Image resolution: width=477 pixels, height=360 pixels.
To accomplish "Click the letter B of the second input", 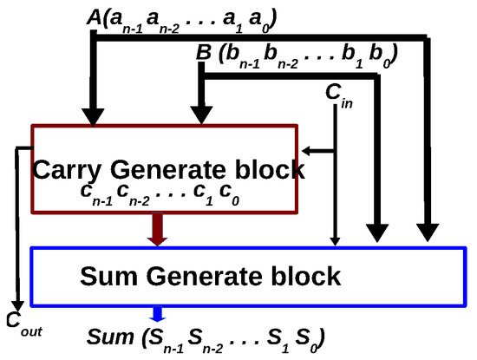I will [205, 53].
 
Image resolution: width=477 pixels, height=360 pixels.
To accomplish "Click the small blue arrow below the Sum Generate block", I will [156, 314].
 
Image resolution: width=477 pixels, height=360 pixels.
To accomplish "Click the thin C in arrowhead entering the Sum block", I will [335, 239].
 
